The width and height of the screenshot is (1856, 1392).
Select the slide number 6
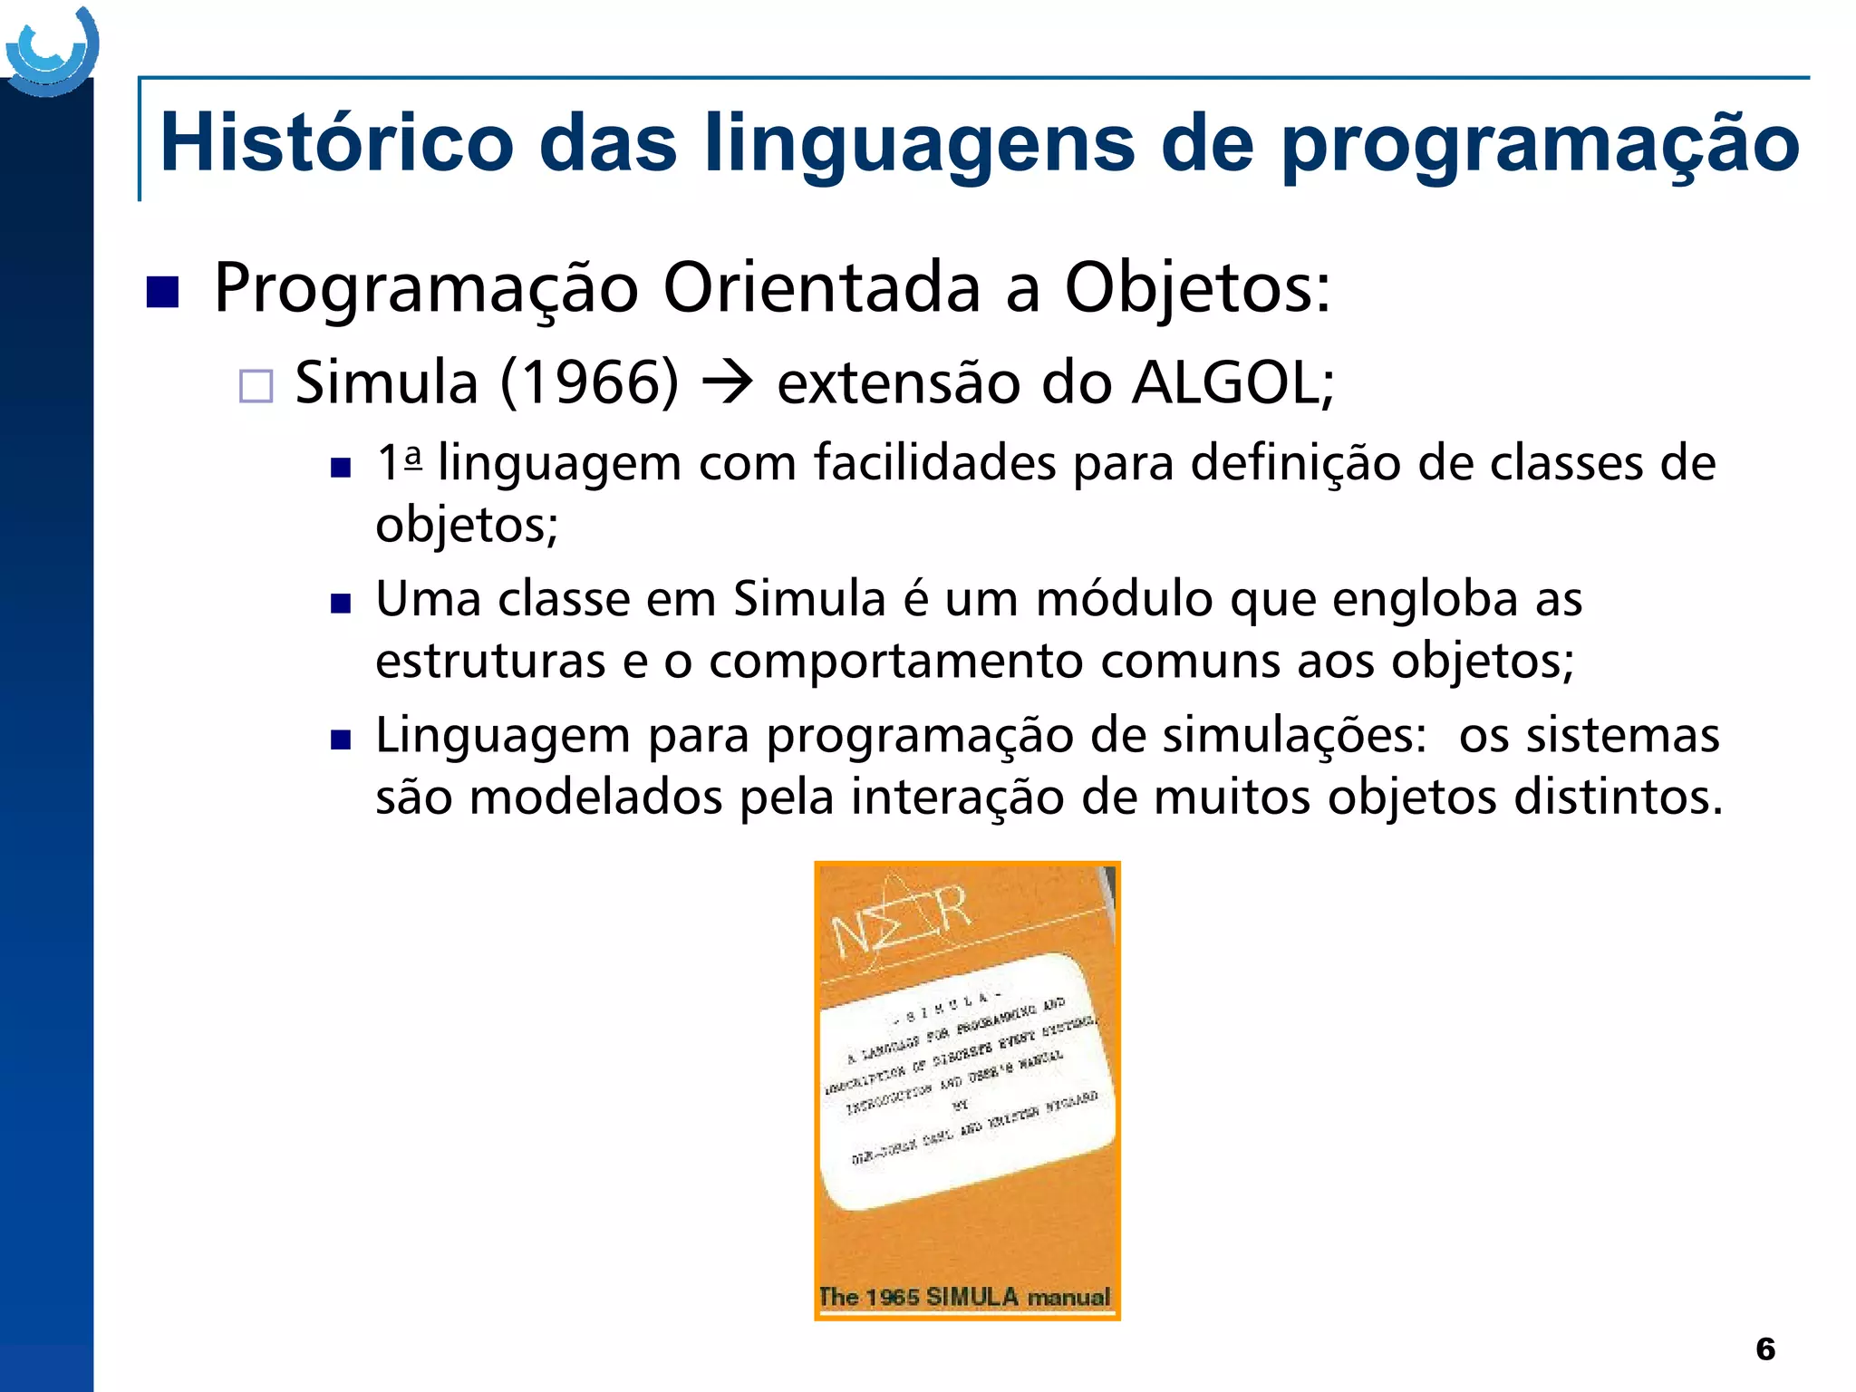coord(1765,1348)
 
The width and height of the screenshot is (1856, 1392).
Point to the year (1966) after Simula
coord(589,382)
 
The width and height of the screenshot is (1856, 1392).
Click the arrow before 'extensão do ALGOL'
coord(728,382)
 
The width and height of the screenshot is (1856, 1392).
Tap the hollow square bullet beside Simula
coord(256,386)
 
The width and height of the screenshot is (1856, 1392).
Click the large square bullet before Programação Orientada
coord(162,292)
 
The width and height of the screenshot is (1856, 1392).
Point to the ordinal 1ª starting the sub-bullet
coord(400,462)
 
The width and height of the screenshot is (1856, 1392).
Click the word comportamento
coord(896,661)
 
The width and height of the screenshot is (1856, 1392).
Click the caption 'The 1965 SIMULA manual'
coord(964,1297)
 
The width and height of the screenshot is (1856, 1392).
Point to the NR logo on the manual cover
coord(901,920)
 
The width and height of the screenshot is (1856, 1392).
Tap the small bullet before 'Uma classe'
coord(341,604)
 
